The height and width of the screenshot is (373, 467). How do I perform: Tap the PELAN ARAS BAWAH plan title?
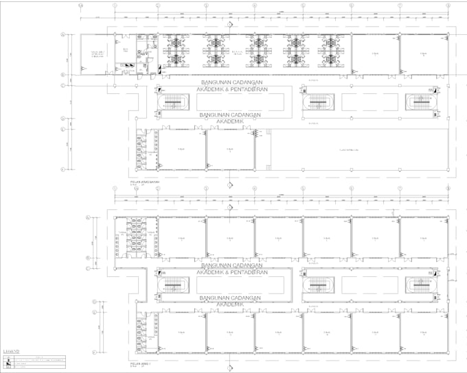[144, 182]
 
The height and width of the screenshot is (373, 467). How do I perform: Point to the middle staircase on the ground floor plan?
[317, 103]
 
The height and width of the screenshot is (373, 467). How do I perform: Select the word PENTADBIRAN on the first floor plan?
[246, 272]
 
